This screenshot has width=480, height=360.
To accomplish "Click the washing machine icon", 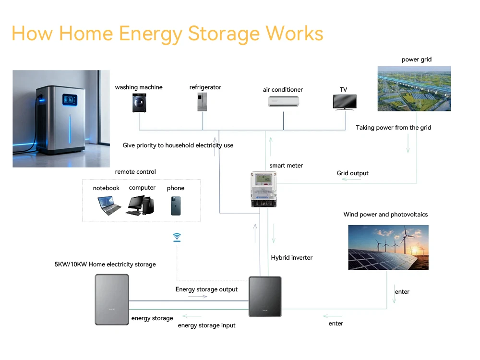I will coord(139,102).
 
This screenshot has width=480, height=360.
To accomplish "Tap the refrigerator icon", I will coord(202,102).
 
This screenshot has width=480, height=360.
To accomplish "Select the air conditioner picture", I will coord(283,101).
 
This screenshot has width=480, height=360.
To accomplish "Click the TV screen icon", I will coord(345,102).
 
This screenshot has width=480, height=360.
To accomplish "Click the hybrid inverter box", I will coord(265,296).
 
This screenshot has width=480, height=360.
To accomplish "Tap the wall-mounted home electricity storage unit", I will coord(112,299).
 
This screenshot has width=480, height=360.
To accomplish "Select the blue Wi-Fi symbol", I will coord(177,237).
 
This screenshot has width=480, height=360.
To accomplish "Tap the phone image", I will coord(176,205).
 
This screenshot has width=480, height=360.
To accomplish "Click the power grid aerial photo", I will coord(414,88).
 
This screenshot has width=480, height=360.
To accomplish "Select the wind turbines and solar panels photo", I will coord(388,247).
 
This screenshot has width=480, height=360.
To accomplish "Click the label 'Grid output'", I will coord(352,173).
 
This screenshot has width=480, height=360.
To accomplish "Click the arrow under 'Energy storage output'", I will coord(198,297).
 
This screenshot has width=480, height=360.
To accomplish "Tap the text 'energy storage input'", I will coord(206,325).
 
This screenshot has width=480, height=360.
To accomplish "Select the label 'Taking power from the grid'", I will coord(394,128).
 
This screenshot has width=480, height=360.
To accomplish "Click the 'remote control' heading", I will coord(135,172).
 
